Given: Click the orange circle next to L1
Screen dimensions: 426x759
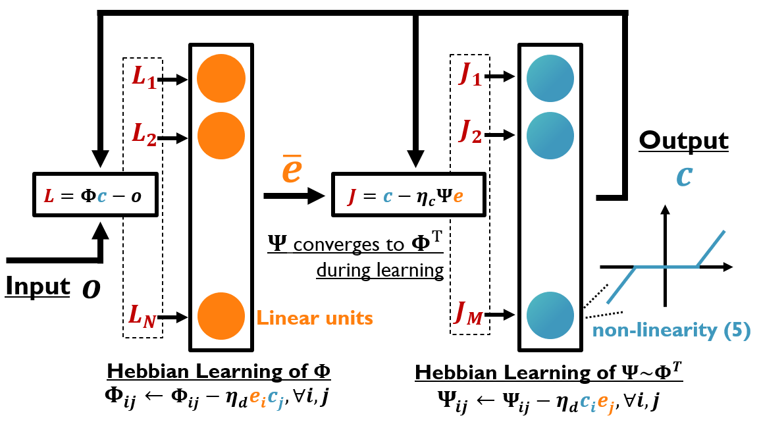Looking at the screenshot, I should (221, 80).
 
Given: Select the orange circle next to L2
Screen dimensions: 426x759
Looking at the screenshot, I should (221, 137).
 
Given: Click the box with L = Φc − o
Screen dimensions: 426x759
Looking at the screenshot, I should (95, 194).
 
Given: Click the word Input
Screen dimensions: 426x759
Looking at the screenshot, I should (38, 286).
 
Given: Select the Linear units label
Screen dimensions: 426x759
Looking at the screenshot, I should (315, 319).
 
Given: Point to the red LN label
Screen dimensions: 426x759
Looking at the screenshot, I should (142, 318).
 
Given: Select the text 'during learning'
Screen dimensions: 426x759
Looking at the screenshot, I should (379, 271).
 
